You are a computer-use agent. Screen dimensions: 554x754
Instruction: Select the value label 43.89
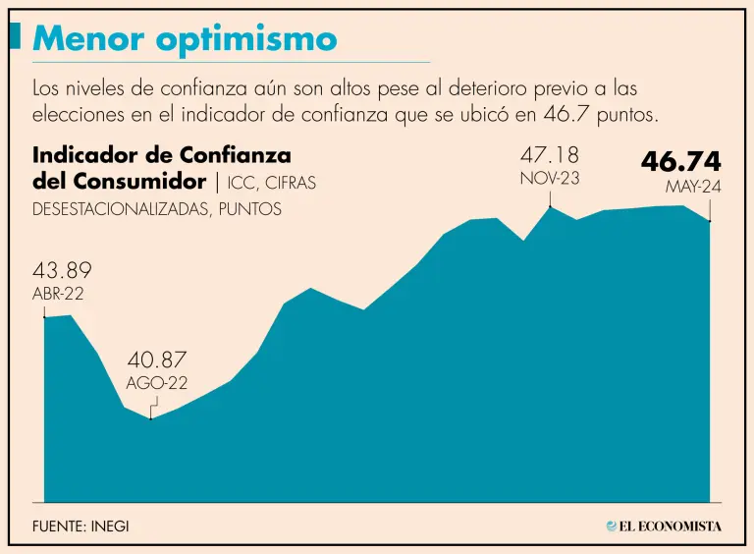(x=62, y=272)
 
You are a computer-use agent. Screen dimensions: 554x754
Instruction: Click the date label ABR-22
(x=58, y=294)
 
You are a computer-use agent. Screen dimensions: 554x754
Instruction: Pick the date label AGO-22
(x=157, y=384)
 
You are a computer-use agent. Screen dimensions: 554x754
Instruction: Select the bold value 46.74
(x=681, y=161)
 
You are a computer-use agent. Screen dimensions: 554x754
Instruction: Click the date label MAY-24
(x=693, y=187)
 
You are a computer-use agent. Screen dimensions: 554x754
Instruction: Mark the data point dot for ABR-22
(x=45, y=317)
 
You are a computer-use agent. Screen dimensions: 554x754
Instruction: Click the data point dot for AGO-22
(x=150, y=419)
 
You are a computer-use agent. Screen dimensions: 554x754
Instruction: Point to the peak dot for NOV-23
(x=550, y=207)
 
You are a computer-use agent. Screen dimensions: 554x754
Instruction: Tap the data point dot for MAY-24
(x=709, y=221)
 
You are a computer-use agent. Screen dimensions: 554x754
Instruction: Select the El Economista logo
(x=664, y=526)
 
